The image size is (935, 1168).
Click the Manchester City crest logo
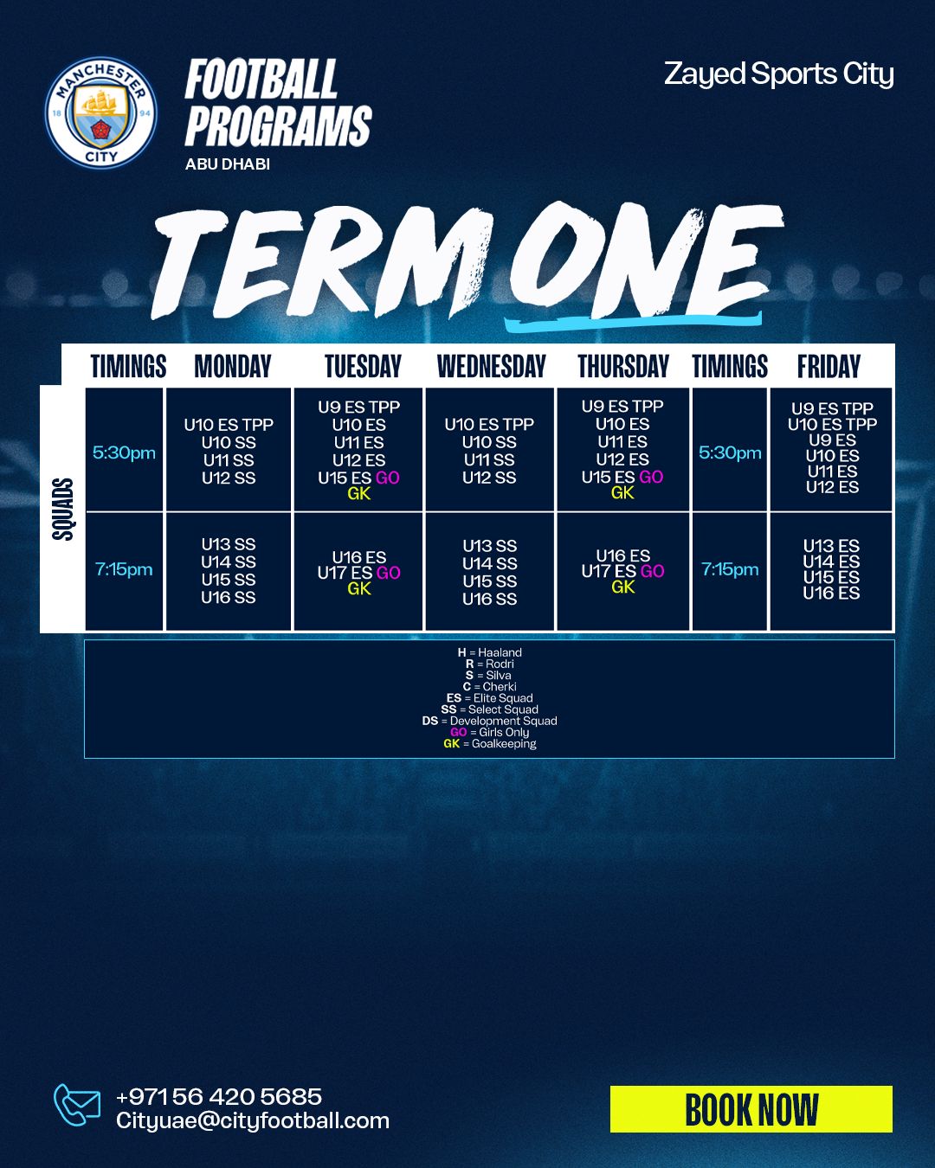[x=101, y=112]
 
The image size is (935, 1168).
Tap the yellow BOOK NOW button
[x=751, y=1109]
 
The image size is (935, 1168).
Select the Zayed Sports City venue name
[x=778, y=74]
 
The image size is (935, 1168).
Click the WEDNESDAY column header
[x=491, y=366]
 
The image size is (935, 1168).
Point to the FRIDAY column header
[x=829, y=366]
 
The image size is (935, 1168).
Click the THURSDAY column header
[x=623, y=366]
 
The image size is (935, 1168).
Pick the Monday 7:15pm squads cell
[x=229, y=571]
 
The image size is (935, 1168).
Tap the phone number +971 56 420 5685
[x=219, y=1096]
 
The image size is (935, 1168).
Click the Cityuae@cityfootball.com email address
[x=253, y=1121]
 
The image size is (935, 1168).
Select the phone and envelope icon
[x=77, y=1106]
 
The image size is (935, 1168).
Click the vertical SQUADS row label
[x=62, y=509]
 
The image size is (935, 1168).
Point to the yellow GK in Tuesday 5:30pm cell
[x=359, y=494]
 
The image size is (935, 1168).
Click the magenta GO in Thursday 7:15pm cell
[x=652, y=571]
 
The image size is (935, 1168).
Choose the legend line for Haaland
[x=489, y=652]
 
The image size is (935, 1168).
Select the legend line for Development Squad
[x=489, y=721]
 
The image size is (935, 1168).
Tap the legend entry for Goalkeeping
[x=489, y=743]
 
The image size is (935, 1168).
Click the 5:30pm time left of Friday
[x=730, y=452]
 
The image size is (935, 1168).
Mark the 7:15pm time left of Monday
[x=124, y=569]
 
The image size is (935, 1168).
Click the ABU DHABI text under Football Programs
[x=228, y=164]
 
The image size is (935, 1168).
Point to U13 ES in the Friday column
[x=831, y=545]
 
